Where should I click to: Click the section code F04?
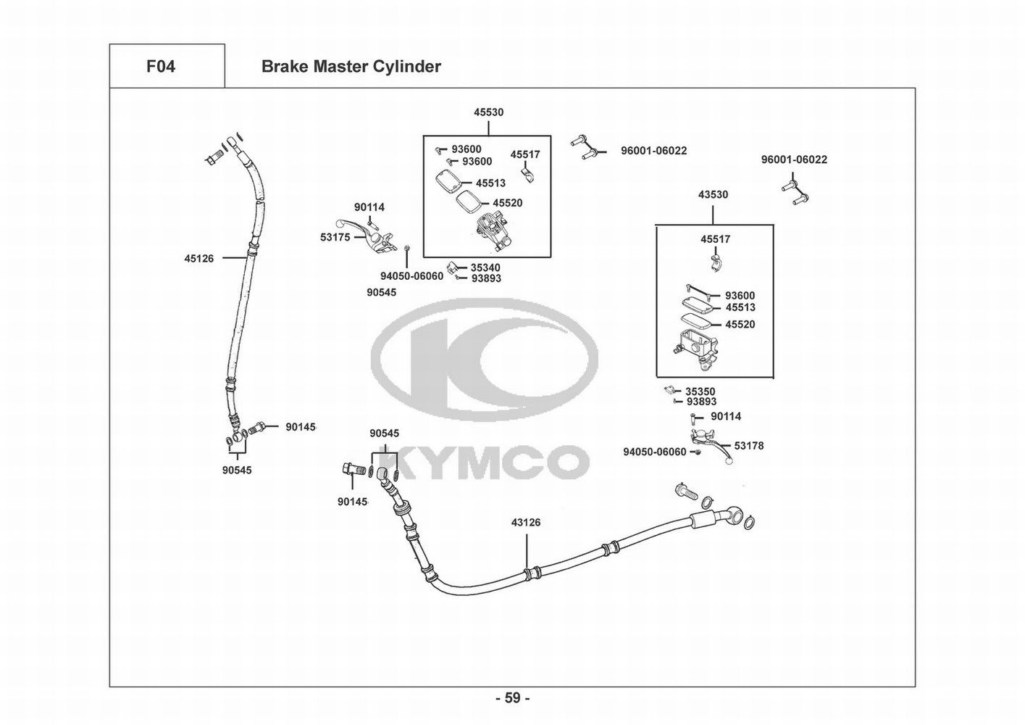point(160,67)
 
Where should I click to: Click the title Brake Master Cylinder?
point(351,67)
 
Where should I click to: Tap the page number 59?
point(512,698)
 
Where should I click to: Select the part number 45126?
point(198,258)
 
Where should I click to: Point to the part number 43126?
point(526,522)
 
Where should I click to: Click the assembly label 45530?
point(488,112)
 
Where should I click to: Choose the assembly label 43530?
point(713,194)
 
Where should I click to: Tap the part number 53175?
point(335,237)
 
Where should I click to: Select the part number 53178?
point(748,446)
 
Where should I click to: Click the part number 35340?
point(485,268)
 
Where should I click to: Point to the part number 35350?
point(700,391)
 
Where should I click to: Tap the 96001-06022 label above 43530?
point(793,159)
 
